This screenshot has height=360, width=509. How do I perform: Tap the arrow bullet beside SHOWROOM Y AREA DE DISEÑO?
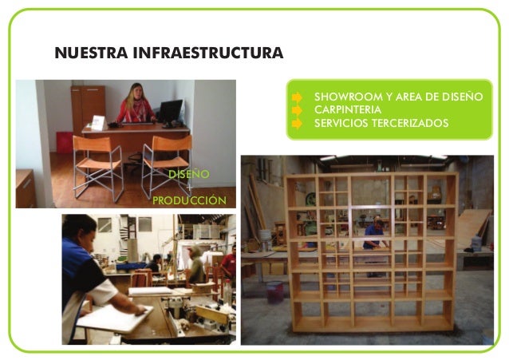[x=298, y=97]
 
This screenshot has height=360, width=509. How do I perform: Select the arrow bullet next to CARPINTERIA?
[x=298, y=109]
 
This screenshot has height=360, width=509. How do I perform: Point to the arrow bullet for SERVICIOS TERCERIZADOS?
[x=298, y=123]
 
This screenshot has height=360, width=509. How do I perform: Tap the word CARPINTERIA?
[x=348, y=109]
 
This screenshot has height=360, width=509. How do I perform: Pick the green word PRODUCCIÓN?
[x=188, y=200]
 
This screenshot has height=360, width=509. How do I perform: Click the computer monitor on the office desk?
[x=170, y=111]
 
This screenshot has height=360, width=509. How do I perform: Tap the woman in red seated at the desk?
[x=136, y=105]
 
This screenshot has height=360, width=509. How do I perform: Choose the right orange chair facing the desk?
[x=167, y=164]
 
